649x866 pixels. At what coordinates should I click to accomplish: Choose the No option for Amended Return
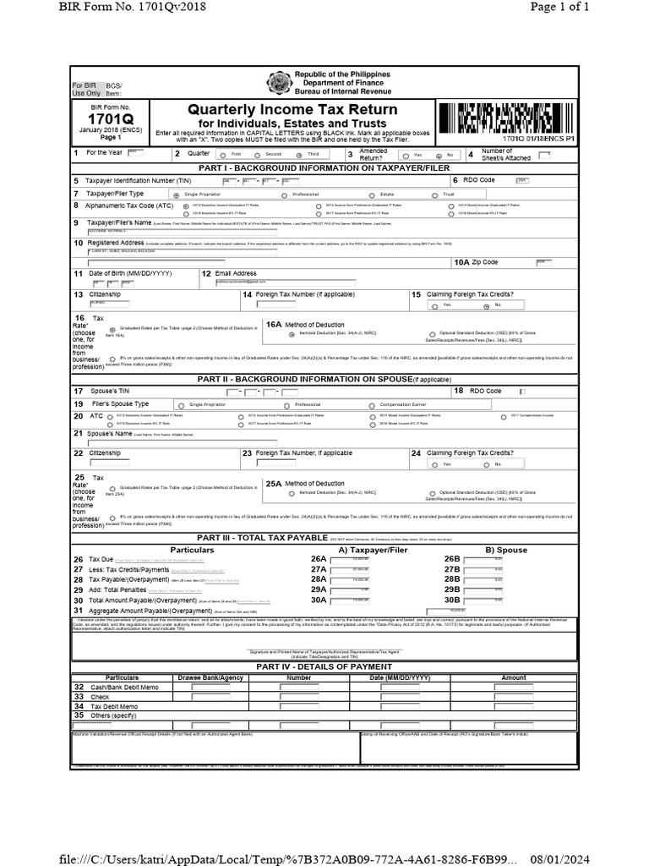click(x=438, y=156)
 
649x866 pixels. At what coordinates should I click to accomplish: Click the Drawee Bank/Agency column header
click(x=210, y=678)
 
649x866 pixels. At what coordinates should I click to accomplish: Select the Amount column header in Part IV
click(x=513, y=678)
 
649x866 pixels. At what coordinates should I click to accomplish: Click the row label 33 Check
click(x=94, y=697)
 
